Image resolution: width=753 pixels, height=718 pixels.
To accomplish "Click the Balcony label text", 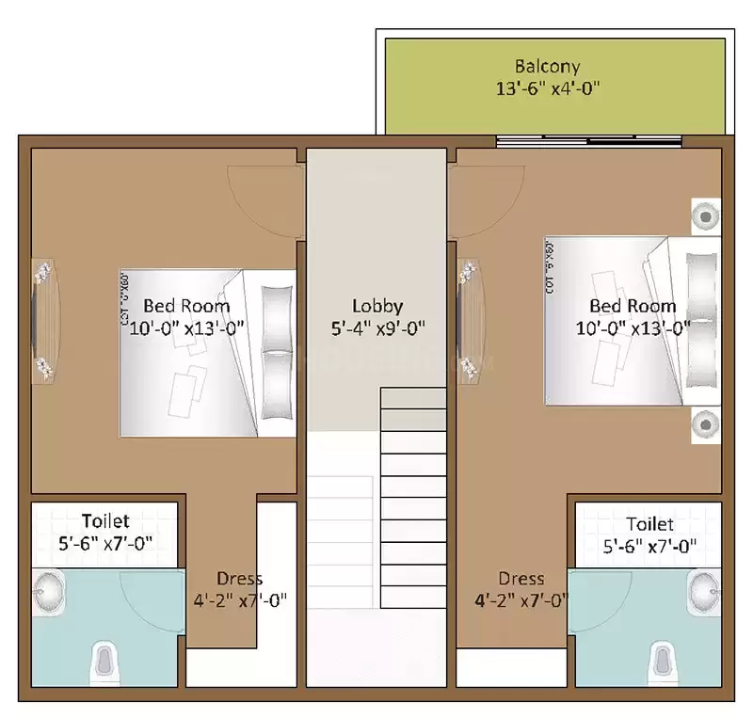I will pos(547,67).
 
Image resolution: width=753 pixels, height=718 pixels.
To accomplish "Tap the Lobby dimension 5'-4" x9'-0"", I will pos(377,328).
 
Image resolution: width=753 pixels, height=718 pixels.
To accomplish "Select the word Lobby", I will pos(377,306).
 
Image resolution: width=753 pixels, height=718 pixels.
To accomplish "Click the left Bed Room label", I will pos(186,306).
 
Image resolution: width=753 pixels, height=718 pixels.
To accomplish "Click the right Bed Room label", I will pos(633,306).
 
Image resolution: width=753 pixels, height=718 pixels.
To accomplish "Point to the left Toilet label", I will pos(104,520).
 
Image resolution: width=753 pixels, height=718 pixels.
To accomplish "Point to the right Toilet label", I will pos(649,524).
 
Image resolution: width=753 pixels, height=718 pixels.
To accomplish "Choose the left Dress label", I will pos(239,578).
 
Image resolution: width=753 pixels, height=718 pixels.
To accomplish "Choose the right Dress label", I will pos(521,578).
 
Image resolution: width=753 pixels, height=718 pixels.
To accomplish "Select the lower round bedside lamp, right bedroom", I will pos(705,424).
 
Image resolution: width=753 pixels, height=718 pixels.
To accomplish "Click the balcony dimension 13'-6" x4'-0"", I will pos(547,89).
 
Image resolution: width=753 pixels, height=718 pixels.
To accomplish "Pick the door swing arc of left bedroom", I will pos(264,201).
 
